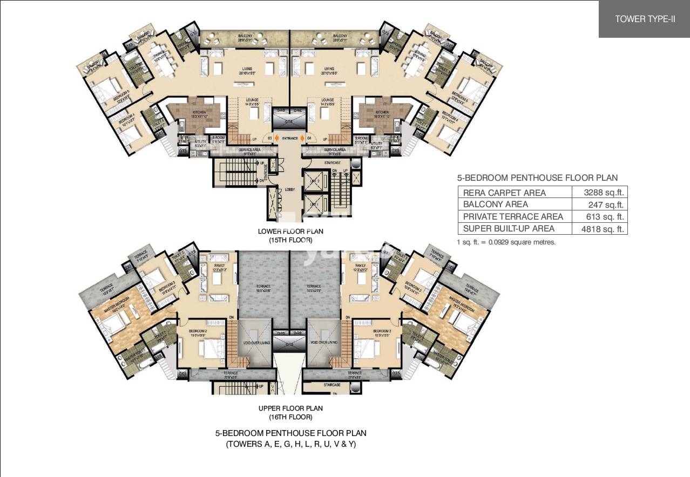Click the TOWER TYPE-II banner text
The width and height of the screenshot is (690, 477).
[645, 19]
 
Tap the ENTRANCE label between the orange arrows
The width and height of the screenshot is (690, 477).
[290, 139]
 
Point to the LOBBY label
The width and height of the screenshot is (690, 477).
[290, 189]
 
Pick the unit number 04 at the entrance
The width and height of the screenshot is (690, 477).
[310, 139]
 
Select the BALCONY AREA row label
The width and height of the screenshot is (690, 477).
[496, 205]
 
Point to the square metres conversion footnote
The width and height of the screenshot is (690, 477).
[506, 242]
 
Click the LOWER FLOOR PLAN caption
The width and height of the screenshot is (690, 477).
[290, 231]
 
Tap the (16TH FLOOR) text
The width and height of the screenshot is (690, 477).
[290, 417]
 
